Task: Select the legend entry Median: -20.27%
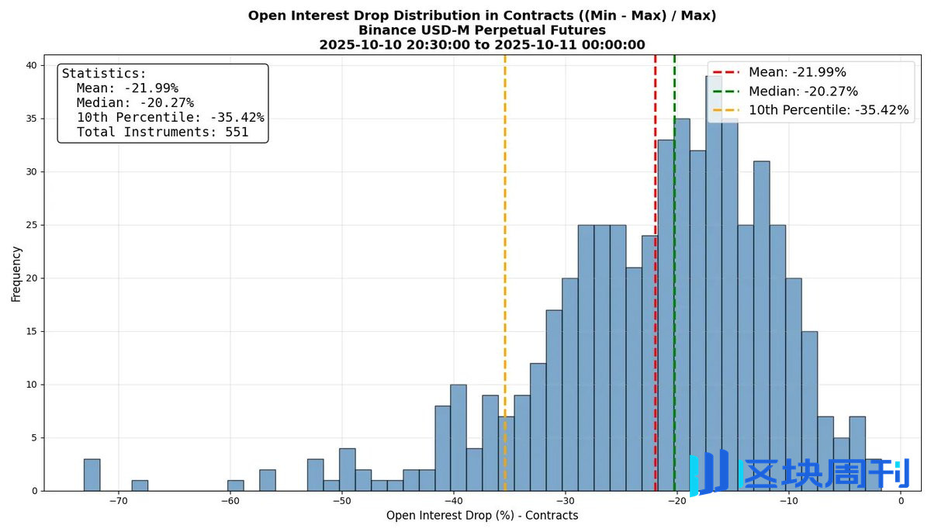(803, 92)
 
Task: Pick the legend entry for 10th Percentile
(828, 110)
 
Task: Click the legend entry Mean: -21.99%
(797, 72)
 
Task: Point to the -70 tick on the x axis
(118, 501)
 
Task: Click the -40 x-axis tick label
(454, 501)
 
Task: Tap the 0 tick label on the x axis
(901, 501)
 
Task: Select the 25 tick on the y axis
(31, 225)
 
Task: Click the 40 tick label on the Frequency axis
(31, 65)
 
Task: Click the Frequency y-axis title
(16, 274)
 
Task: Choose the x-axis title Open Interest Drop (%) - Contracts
(482, 516)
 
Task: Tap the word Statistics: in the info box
(104, 74)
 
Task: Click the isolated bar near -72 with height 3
(92, 475)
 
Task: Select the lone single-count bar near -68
(140, 485)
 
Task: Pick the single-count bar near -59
(235, 485)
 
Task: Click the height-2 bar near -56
(267, 481)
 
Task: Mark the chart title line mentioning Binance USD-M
(482, 30)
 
